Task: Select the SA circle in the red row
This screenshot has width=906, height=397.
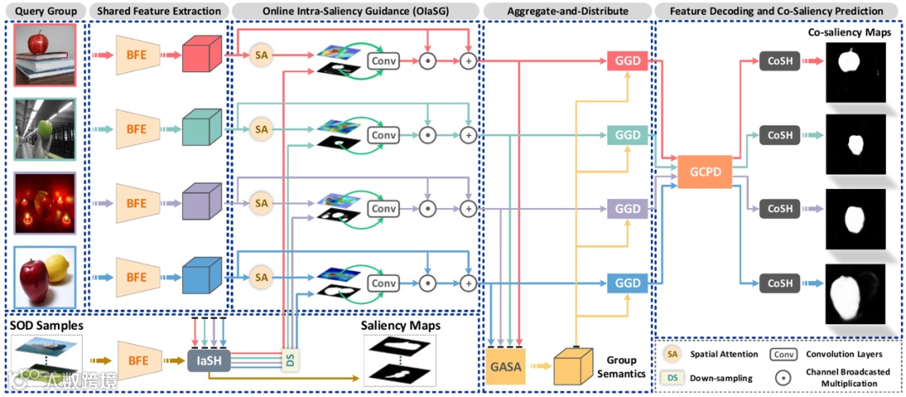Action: (262, 55)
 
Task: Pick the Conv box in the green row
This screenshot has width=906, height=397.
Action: (383, 134)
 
